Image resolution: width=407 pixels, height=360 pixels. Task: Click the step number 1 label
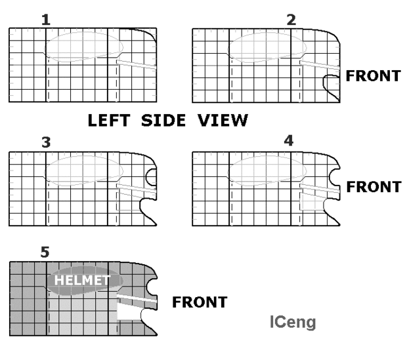coord(46,20)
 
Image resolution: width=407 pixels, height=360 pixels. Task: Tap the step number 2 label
coord(291,20)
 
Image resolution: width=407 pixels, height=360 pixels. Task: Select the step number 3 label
coord(46,142)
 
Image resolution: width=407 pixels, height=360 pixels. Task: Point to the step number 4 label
coord(289,141)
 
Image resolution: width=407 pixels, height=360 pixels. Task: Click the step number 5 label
coord(45,252)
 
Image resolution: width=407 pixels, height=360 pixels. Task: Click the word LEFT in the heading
coord(109,121)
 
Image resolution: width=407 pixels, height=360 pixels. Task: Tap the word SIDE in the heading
coord(163,121)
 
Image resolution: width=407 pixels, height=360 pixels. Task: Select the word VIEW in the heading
coord(223,121)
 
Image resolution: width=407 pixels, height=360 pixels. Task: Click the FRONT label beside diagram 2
coord(374,75)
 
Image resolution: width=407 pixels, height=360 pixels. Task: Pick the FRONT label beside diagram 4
coord(374,187)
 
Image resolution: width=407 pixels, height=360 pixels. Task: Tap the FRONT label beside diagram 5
coord(200,302)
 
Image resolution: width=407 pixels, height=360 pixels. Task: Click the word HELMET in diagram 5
coord(82,280)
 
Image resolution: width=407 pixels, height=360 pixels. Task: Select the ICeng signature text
coord(293,322)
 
